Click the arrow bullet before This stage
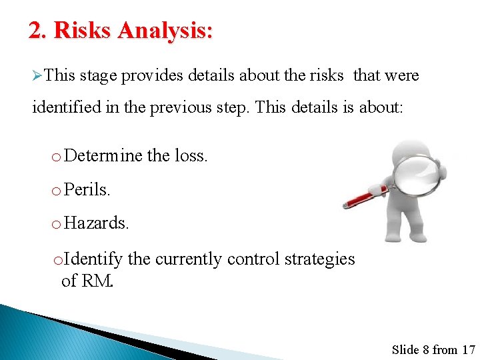(38, 76)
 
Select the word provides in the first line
(153, 75)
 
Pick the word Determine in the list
(104, 156)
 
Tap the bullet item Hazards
(97, 223)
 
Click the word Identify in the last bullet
(94, 259)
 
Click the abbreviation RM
(97, 281)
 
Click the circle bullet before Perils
(55, 191)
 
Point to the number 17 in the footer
(468, 349)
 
